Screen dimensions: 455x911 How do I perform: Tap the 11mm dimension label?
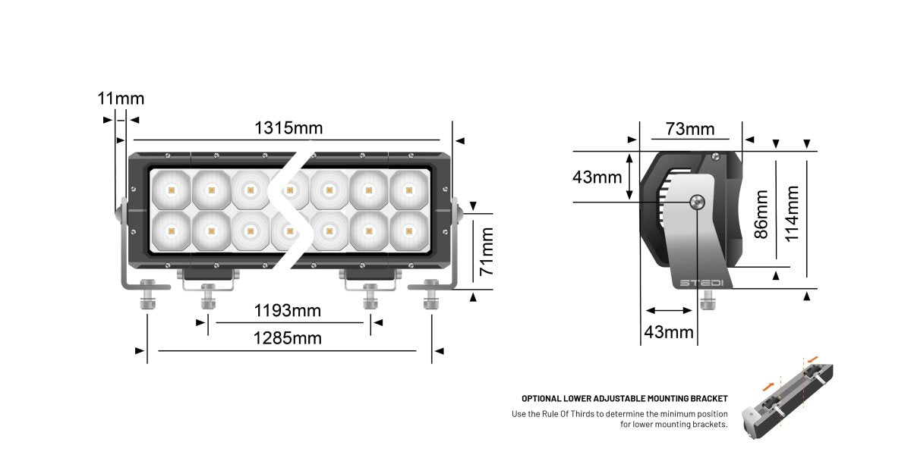click(120, 99)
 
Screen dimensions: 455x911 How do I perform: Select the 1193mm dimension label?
click(287, 310)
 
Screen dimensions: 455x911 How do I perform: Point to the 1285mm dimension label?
click(287, 338)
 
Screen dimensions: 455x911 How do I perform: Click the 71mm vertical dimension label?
click(487, 251)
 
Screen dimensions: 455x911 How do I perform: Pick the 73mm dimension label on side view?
click(690, 129)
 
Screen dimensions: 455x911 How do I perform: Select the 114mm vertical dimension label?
click(792, 214)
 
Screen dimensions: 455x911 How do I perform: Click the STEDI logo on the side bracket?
click(701, 283)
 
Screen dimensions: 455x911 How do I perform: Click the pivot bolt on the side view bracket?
click(697, 202)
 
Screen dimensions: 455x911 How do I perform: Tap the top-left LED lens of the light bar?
click(171, 189)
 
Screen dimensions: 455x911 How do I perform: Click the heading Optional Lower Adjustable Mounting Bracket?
click(624, 398)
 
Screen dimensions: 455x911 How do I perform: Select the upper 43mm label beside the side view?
click(597, 177)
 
